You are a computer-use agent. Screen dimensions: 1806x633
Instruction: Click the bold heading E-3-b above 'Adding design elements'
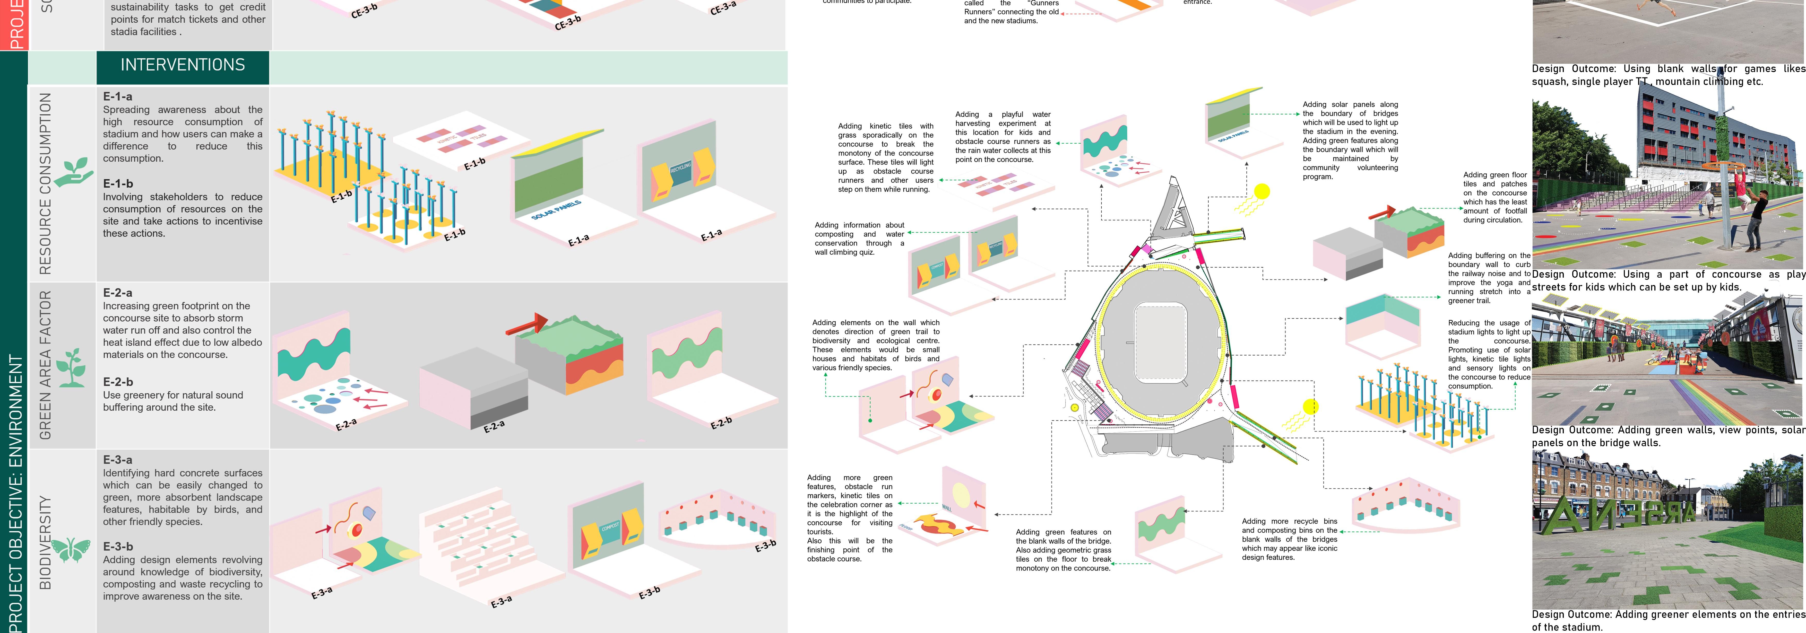point(118,546)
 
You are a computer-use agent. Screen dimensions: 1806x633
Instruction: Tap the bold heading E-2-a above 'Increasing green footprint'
point(118,292)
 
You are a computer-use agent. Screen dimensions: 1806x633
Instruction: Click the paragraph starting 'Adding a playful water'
point(1003,137)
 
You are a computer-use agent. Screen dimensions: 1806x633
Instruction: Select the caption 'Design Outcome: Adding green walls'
point(1667,436)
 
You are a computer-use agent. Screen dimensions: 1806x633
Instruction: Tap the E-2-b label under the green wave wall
point(721,423)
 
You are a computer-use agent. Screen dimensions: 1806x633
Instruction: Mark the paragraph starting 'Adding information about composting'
point(859,238)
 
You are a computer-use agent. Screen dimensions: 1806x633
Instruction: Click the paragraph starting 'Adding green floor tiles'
point(1495,197)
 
